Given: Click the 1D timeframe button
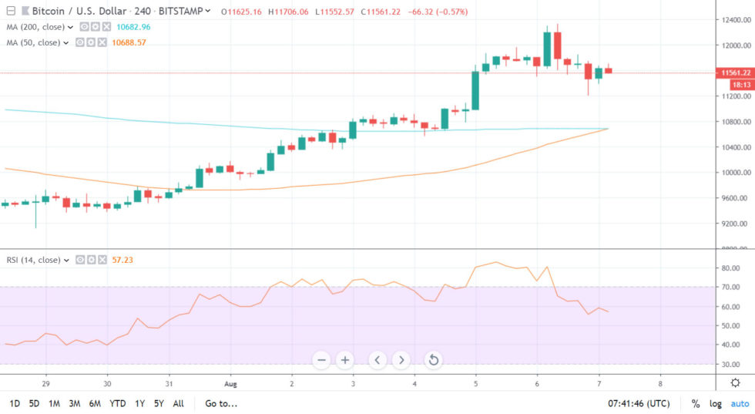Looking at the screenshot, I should (x=15, y=403).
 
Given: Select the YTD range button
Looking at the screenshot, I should (x=118, y=403).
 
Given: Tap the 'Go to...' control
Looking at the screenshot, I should (x=221, y=403).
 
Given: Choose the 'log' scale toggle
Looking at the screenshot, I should (x=716, y=403).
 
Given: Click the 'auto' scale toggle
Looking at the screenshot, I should (x=740, y=403).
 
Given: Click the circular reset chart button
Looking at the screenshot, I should (x=433, y=359).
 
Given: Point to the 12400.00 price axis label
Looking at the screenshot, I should (x=733, y=19).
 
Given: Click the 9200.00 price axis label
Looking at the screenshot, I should (x=732, y=224).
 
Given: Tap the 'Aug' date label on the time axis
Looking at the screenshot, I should (x=229, y=383).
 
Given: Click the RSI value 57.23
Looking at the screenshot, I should (x=122, y=260).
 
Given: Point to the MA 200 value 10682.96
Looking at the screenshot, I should (x=133, y=27).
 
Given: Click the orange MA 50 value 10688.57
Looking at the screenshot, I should (x=129, y=42).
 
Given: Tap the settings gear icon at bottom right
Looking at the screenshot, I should (x=736, y=383).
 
